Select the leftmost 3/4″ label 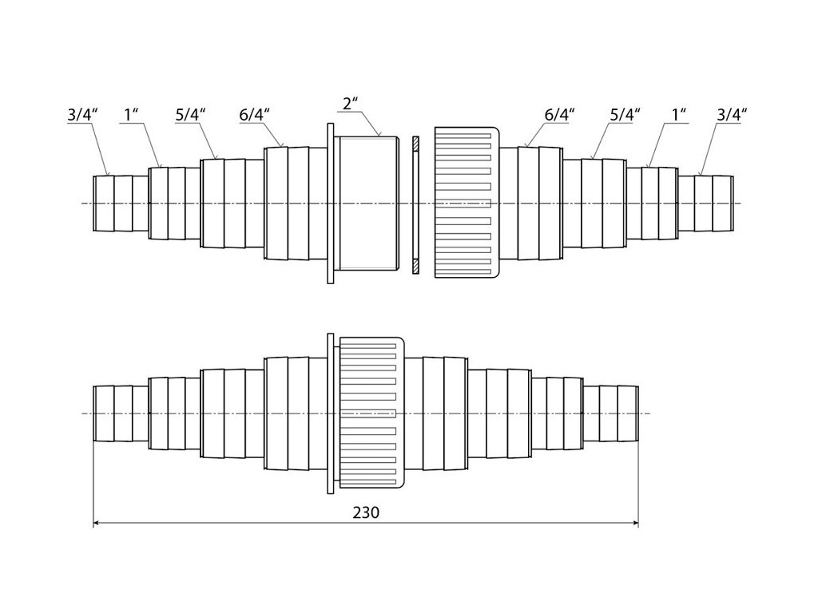pos(82,115)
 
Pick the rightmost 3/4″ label pos(731,115)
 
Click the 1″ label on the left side pos(133,115)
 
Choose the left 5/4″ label pos(191,115)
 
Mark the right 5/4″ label pos(625,115)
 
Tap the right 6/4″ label pos(558,115)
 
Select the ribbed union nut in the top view pos(467,204)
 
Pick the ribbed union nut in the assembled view pos(372,412)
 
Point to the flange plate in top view pos(330,204)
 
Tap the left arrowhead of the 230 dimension pos(97,524)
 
